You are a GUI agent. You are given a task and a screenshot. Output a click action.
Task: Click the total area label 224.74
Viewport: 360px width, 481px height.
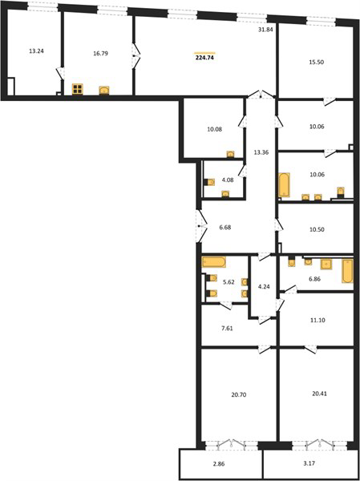click(204, 58)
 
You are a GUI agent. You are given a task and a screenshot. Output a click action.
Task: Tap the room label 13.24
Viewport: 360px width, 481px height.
click(36, 51)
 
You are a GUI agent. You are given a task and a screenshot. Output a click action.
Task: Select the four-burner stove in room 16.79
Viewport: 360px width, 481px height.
click(77, 89)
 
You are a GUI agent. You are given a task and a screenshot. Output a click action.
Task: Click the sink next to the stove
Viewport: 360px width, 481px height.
click(104, 90)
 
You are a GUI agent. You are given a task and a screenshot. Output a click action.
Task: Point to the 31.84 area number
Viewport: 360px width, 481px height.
click(265, 30)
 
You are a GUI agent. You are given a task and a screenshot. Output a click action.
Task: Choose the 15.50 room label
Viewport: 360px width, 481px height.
click(317, 62)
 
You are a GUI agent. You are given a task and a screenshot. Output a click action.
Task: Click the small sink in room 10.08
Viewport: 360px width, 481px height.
click(230, 154)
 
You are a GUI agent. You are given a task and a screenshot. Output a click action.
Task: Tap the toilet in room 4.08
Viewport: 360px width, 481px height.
click(209, 182)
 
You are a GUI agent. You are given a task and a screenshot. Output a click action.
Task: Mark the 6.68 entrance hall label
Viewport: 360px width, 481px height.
click(225, 228)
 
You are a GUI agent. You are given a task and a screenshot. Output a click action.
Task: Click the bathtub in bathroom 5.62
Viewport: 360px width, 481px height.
click(213, 261)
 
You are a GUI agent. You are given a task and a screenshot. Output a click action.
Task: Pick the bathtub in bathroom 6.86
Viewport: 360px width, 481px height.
click(348, 271)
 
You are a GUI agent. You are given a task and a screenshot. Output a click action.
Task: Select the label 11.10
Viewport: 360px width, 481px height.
click(318, 320)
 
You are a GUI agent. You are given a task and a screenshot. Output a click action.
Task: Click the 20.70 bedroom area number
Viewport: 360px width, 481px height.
click(239, 395)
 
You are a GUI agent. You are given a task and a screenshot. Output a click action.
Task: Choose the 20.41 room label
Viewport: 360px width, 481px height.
click(319, 393)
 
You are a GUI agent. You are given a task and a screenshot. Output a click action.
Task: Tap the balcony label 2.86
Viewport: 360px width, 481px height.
click(220, 464)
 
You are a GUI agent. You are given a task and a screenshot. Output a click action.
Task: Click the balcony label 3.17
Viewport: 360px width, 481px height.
click(309, 463)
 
